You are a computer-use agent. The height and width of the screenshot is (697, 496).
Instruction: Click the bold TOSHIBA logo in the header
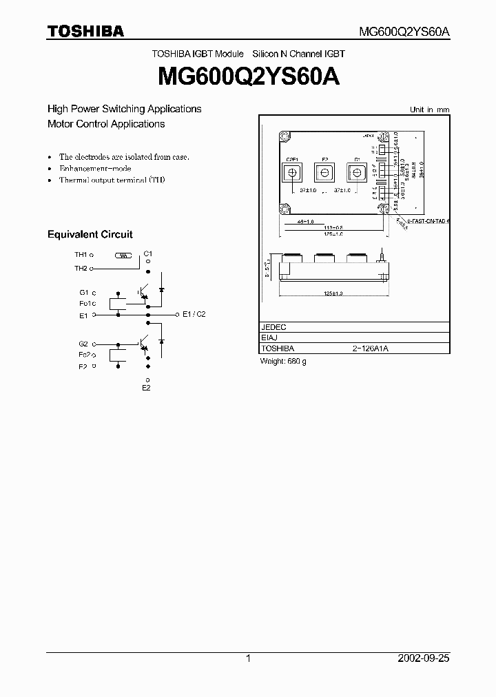[x=85, y=31]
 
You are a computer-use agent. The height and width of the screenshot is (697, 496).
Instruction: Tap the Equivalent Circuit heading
[x=90, y=234]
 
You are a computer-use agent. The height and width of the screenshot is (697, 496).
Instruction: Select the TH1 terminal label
[x=81, y=255]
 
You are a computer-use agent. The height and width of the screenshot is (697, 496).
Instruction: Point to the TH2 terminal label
[x=81, y=268]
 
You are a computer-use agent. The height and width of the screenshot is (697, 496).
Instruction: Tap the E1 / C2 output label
[x=194, y=314]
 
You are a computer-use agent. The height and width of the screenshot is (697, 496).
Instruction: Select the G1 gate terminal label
[x=84, y=292]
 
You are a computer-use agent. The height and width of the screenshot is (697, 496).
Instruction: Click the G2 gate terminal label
[x=84, y=343]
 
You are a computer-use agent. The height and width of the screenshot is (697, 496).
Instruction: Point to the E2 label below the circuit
[x=146, y=388]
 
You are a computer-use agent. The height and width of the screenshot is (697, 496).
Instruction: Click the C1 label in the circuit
[x=148, y=254]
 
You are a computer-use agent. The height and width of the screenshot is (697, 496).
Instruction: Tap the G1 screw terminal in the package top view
[x=357, y=171]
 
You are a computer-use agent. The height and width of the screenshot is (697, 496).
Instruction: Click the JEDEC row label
[x=274, y=327]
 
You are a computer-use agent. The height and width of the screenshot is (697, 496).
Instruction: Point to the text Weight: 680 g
[x=283, y=361]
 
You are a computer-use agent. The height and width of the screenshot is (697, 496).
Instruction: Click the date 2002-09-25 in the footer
[x=423, y=658]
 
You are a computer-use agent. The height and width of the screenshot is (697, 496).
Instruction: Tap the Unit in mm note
[x=429, y=110]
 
